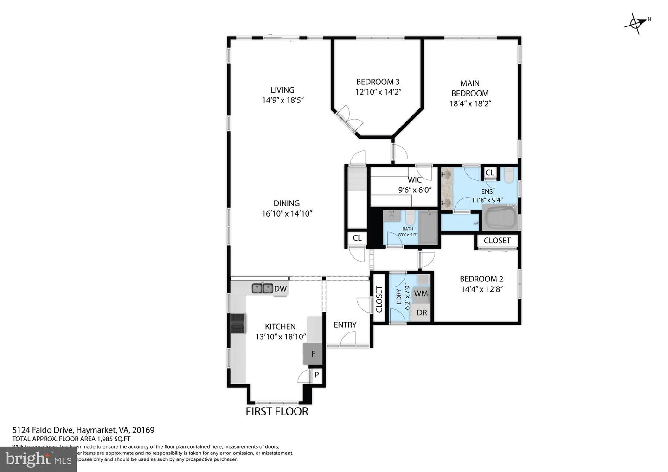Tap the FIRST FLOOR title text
click(276, 411)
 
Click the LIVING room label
click(282, 90)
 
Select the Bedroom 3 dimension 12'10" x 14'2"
click(378, 92)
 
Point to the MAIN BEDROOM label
click(470, 88)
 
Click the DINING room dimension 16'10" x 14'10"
click(287, 214)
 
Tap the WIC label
click(415, 180)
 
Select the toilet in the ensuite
click(508, 175)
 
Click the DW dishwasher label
click(280, 289)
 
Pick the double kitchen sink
click(262, 288)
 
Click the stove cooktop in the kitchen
click(238, 324)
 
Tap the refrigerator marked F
click(313, 354)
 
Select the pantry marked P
click(317, 375)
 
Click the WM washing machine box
click(421, 293)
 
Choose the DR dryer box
click(421, 313)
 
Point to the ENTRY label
click(345, 325)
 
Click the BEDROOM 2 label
click(481, 279)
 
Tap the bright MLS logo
click(38, 459)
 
